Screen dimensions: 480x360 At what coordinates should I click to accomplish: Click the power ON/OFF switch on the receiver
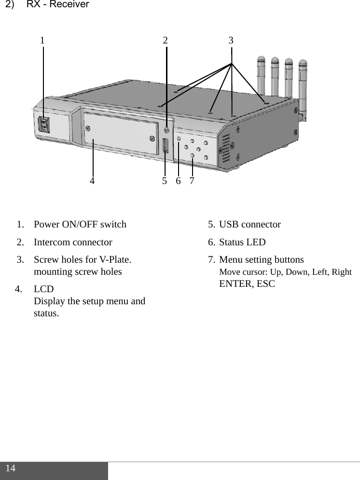pyautogui.click(x=44, y=126)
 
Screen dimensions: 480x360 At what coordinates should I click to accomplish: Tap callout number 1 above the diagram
pyautogui.click(x=42, y=41)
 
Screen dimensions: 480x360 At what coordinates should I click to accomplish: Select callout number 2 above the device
pyautogui.click(x=165, y=41)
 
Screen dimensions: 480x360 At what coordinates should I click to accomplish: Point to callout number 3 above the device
pyautogui.click(x=231, y=41)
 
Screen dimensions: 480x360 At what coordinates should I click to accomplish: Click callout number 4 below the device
pyautogui.click(x=92, y=181)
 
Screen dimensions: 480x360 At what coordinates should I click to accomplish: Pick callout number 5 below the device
pyautogui.click(x=165, y=181)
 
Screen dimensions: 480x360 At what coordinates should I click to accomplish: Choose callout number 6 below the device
pyautogui.click(x=178, y=181)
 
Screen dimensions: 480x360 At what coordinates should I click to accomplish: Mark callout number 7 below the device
pyautogui.click(x=192, y=181)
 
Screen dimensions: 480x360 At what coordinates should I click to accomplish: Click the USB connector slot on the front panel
pyautogui.click(x=166, y=145)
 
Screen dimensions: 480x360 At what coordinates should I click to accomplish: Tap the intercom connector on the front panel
pyautogui.click(x=167, y=130)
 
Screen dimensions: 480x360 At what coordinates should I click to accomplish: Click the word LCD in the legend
pyautogui.click(x=44, y=289)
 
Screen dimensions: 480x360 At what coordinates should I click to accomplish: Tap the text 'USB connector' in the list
pyautogui.click(x=249, y=225)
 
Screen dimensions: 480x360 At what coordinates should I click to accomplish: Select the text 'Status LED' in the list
pyautogui.click(x=242, y=242)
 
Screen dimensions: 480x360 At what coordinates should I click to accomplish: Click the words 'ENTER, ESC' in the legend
pyautogui.click(x=247, y=283)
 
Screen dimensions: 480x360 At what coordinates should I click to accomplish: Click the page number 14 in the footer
pyautogui.click(x=11, y=468)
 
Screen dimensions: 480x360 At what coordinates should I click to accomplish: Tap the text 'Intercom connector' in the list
pyautogui.click(x=73, y=242)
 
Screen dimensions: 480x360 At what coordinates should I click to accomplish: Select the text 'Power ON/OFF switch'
pyautogui.click(x=80, y=225)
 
